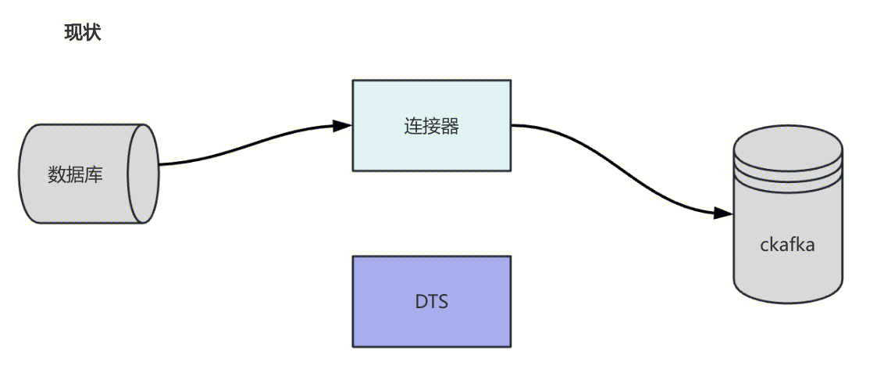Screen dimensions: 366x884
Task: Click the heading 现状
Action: pyautogui.click(x=82, y=34)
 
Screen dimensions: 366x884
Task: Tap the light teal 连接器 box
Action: pyautogui.click(x=432, y=125)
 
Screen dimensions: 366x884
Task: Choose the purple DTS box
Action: pyautogui.click(x=432, y=301)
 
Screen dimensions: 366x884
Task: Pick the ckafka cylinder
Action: pyautogui.click(x=787, y=227)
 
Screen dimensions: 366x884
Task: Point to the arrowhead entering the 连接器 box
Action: pyautogui.click(x=342, y=126)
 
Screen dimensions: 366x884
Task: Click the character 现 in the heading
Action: pyautogui.click(x=73, y=34)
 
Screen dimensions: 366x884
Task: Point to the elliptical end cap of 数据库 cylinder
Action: pyautogui.click(x=143, y=174)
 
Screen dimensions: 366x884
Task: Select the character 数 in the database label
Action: pyautogui.click(x=57, y=174)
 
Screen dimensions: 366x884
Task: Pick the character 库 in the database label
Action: pyautogui.click(x=94, y=174)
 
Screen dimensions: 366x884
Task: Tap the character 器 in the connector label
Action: pyautogui.click(x=450, y=126)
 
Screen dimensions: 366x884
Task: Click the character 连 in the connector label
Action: pyautogui.click(x=413, y=126)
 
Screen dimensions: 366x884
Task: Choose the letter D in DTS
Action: pyautogui.click(x=421, y=301)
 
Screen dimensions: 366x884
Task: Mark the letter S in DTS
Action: pyautogui.click(x=443, y=301)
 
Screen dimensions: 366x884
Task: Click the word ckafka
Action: pyautogui.click(x=787, y=245)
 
